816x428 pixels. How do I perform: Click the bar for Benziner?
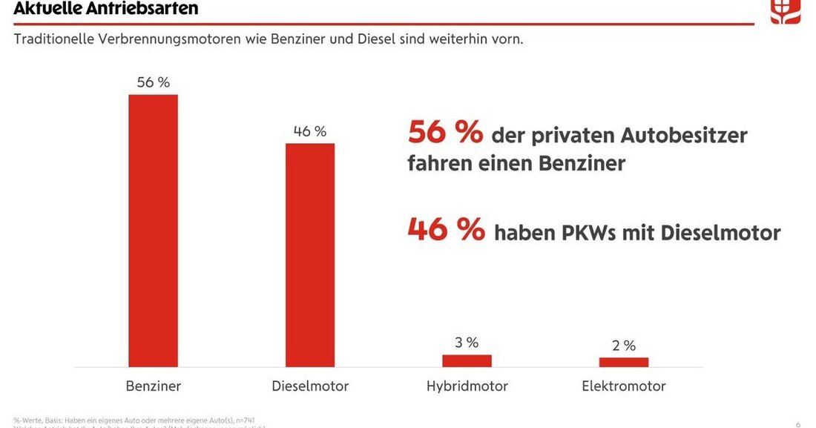click(x=154, y=230)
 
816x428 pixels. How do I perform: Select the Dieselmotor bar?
click(x=310, y=254)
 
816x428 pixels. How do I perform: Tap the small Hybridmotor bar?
click(x=467, y=360)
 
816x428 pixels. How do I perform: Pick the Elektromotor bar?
click(x=623, y=362)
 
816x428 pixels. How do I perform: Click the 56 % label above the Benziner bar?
click(x=154, y=82)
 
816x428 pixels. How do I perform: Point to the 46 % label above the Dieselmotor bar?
click(x=310, y=131)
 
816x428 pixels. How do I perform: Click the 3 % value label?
click(x=467, y=342)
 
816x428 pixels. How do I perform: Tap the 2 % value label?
click(x=623, y=345)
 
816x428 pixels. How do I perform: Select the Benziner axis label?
click(x=154, y=386)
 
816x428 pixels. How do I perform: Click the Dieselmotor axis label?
click(x=310, y=386)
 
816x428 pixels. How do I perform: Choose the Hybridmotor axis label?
click(x=467, y=386)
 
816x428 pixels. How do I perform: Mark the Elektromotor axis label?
click(x=623, y=386)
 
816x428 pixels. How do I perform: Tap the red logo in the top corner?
click(x=785, y=11)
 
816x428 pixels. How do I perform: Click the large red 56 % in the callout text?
click(x=445, y=134)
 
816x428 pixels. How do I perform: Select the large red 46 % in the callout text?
click(x=445, y=230)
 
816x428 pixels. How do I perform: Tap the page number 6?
click(x=798, y=424)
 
